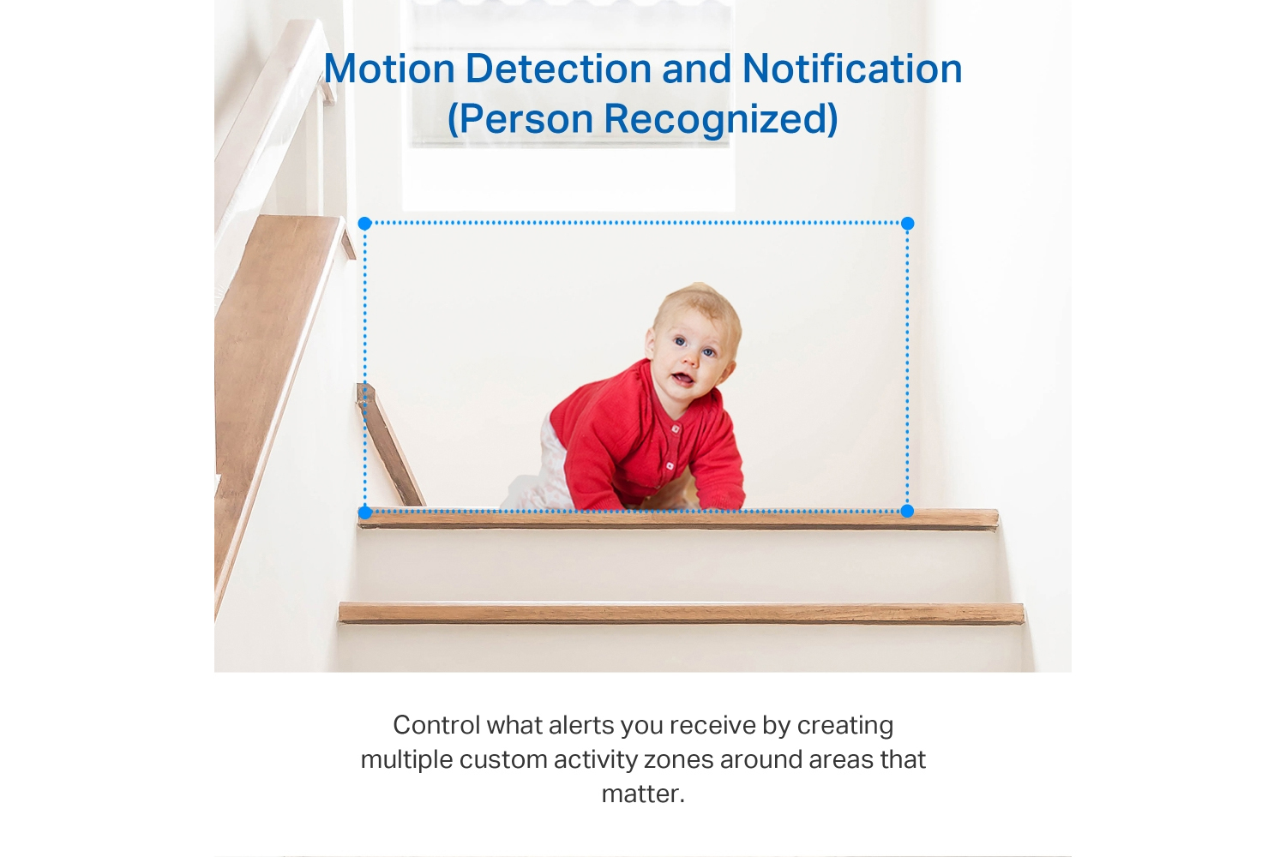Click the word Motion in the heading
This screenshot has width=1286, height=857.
(390, 69)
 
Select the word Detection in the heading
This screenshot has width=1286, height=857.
(558, 69)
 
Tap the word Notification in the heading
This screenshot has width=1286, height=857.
(852, 69)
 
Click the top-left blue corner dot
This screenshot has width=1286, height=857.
(364, 224)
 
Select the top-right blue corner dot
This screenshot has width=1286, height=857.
(908, 224)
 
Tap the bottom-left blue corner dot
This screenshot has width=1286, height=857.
(364, 512)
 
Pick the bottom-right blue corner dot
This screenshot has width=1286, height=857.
(907, 511)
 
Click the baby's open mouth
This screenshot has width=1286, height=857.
(683, 379)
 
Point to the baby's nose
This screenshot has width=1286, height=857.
(692, 359)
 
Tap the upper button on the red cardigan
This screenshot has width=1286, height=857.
(676, 429)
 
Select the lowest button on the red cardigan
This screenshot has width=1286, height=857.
(669, 466)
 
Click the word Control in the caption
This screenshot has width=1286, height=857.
(436, 725)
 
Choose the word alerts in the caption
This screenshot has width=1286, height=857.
(581, 725)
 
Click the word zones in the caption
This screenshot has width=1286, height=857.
(678, 760)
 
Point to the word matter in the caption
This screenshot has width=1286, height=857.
(640, 794)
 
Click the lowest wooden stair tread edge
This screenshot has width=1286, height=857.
(681, 613)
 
